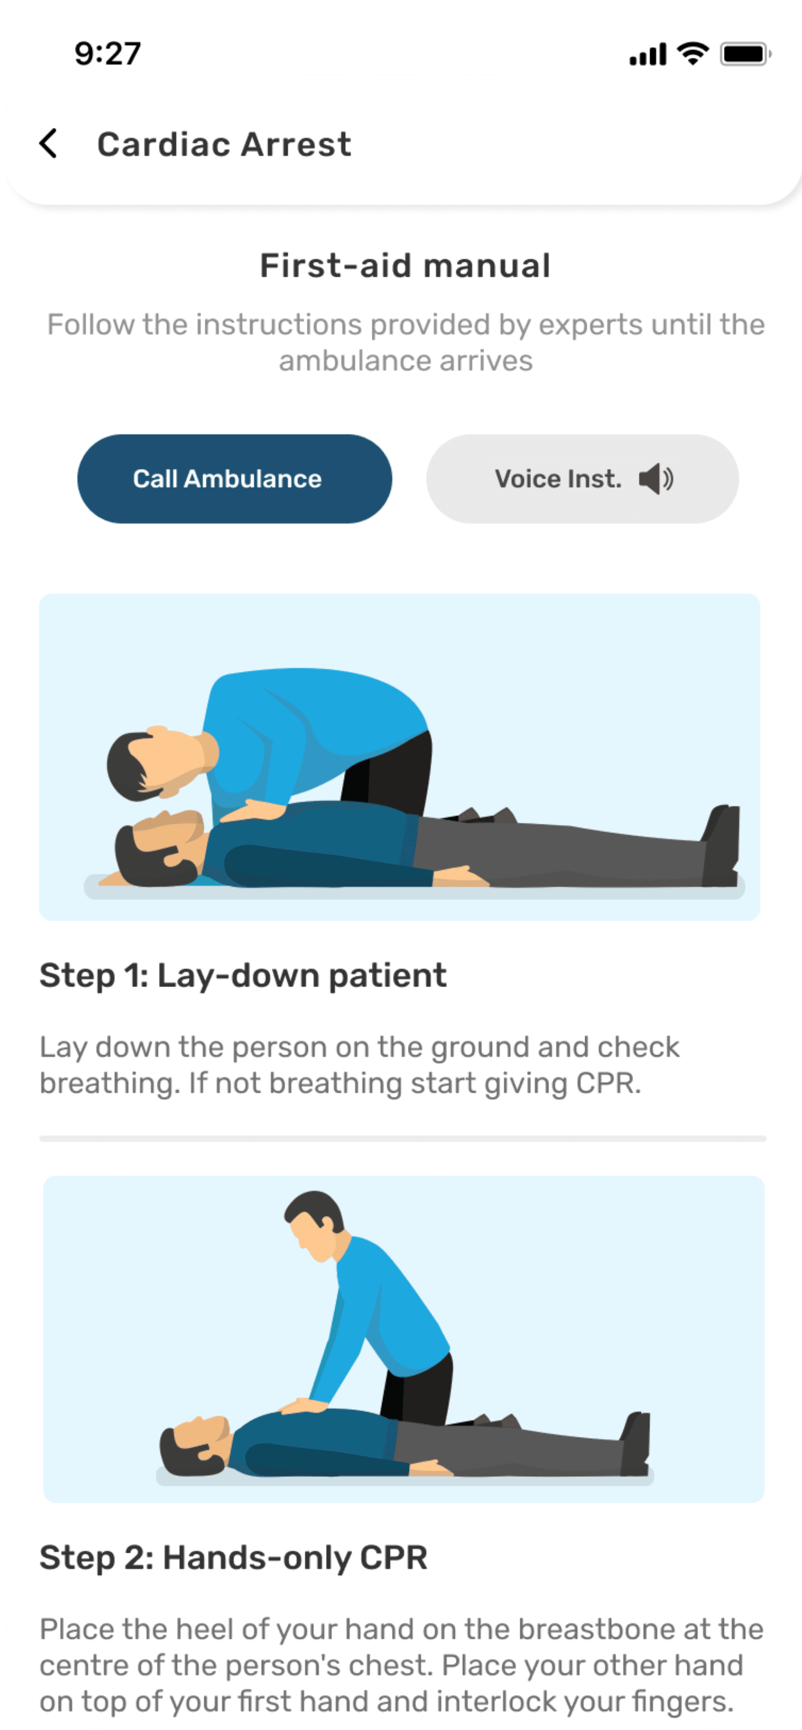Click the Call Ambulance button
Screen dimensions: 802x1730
234,478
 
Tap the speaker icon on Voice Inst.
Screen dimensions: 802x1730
656,479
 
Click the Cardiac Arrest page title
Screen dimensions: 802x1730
224,144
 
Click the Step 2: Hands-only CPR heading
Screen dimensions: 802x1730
233,1557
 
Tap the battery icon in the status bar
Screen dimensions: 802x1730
746,54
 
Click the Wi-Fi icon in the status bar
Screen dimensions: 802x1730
693,53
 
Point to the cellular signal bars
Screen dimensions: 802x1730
648,54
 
